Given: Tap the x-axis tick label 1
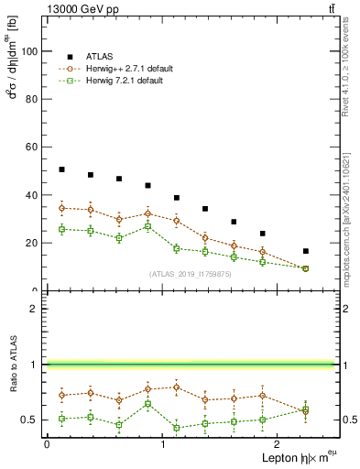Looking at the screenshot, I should click(162, 443).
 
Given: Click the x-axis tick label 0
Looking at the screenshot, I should click(47, 443).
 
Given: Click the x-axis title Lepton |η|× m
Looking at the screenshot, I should click(292, 457).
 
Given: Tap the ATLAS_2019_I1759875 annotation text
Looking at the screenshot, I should click(191, 273).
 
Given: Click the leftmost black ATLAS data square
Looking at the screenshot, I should click(61, 169).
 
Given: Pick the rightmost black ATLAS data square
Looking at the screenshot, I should click(306, 251).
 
